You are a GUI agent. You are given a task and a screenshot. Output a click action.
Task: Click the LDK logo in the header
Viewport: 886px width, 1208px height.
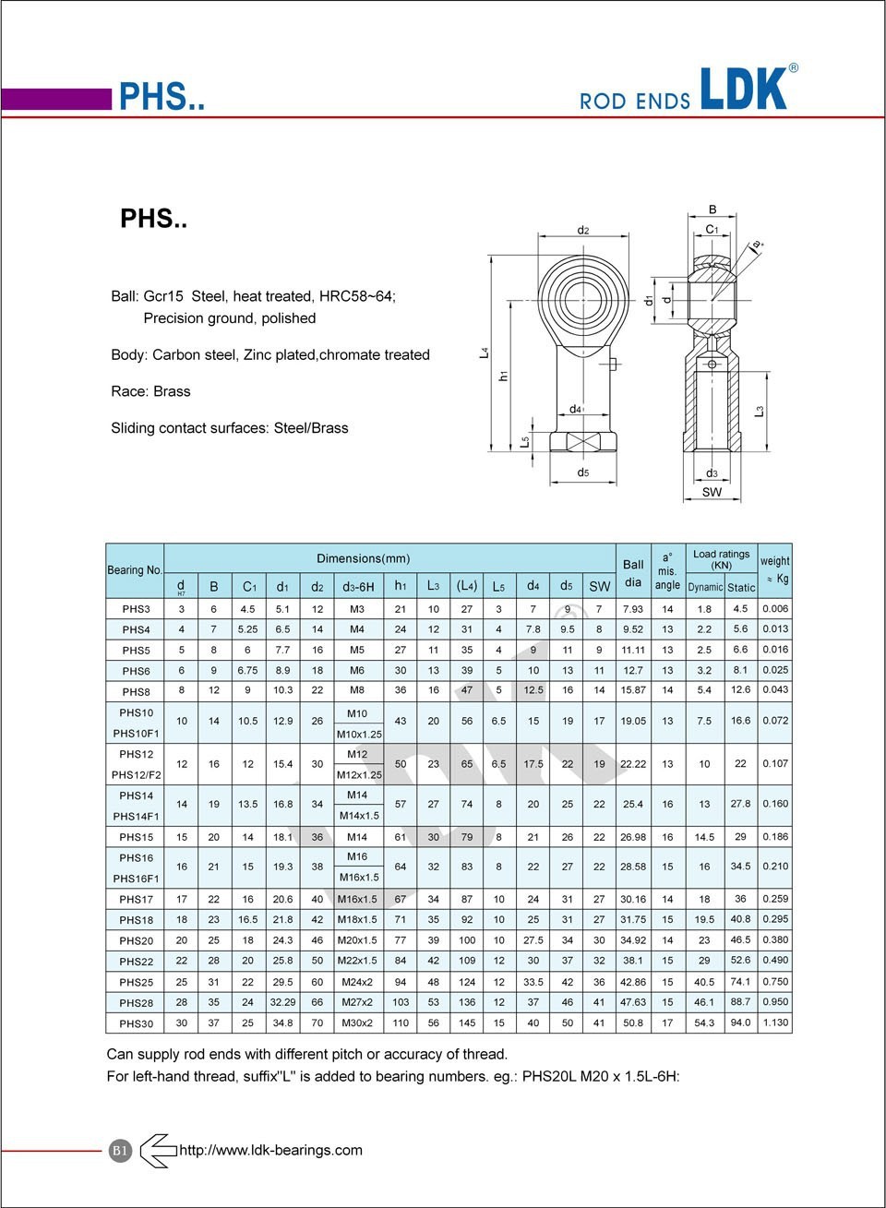click(744, 90)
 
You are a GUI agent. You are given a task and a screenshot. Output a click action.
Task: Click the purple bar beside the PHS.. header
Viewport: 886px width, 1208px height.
click(56, 99)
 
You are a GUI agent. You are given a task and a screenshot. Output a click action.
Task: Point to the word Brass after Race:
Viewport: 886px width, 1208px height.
click(172, 391)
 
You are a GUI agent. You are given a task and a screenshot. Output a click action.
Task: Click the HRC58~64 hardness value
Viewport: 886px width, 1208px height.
click(356, 296)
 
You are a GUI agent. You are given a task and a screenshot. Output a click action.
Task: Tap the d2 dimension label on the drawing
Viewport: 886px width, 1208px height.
click(582, 230)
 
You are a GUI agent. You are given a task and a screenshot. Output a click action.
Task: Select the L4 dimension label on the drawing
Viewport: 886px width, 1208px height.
click(484, 353)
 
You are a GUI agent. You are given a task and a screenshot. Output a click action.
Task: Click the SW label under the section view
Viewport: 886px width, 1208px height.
click(712, 492)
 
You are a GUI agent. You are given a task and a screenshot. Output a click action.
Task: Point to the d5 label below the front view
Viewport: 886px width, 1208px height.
click(582, 472)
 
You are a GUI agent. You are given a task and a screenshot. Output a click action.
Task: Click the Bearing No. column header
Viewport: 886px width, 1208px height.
click(135, 570)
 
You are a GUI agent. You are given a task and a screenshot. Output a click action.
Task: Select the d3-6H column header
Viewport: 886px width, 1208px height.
click(358, 587)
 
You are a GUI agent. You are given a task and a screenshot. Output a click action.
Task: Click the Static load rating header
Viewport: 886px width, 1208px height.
click(741, 587)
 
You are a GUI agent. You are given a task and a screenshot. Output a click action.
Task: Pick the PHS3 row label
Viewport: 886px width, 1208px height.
click(136, 609)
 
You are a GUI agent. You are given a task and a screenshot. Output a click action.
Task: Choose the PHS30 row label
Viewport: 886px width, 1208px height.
click(136, 1023)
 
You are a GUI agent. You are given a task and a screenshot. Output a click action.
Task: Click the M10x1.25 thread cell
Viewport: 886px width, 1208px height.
click(358, 734)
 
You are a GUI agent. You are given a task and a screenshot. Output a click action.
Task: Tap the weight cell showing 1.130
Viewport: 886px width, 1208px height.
click(775, 1023)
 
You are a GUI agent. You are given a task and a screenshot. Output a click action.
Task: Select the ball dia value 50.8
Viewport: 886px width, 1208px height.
click(633, 1023)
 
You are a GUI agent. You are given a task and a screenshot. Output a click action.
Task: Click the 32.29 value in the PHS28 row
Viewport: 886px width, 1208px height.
click(282, 1002)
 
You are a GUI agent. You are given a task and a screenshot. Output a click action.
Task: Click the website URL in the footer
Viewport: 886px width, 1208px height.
click(270, 1150)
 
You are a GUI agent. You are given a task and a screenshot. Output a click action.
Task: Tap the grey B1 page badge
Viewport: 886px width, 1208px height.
click(121, 1151)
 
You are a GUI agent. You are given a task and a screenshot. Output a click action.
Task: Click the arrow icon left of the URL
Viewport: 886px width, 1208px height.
click(158, 1151)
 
